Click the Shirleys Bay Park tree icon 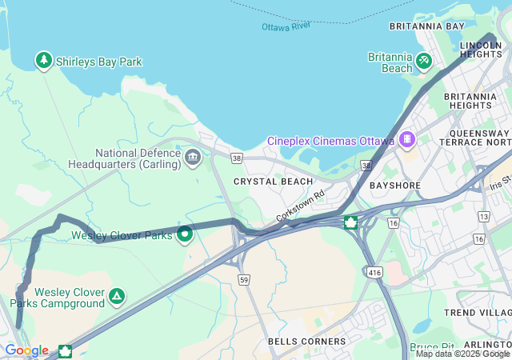43,60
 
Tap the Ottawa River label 286,26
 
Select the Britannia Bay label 426,26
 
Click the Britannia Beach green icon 424,60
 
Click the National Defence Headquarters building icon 192,157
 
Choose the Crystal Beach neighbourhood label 274,182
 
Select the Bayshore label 395,186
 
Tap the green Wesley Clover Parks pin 185,235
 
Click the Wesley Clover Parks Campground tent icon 117,297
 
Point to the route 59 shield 243,279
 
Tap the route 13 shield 483,217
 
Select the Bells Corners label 307,342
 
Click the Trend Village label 482,312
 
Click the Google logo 26,350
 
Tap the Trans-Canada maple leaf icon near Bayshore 350,222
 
